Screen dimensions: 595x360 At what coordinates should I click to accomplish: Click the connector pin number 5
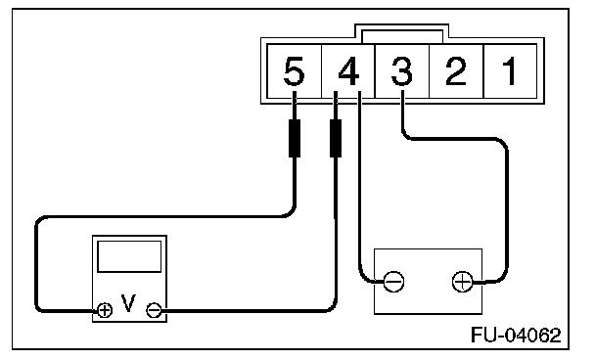tap(295, 71)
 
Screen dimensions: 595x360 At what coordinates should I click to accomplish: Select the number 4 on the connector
tap(348, 71)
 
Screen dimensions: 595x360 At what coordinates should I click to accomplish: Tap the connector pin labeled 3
tap(402, 71)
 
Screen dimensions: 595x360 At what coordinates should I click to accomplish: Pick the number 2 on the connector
tap(456, 71)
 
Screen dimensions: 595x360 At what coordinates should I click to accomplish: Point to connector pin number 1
tap(511, 71)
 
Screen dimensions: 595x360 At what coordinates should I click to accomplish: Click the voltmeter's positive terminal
tap(105, 310)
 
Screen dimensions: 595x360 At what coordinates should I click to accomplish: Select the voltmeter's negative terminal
tap(154, 310)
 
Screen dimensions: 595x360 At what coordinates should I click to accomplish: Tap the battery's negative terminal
tap(393, 282)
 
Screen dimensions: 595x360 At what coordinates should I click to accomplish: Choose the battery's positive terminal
tap(463, 282)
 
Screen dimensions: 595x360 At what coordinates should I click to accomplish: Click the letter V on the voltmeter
tap(128, 303)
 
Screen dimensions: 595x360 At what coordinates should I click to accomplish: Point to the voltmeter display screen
tap(129, 256)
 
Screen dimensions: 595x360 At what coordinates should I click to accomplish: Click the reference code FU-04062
tap(516, 335)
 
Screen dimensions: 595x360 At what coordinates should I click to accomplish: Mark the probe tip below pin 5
tap(295, 138)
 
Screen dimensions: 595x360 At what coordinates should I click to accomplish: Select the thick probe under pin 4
tap(336, 138)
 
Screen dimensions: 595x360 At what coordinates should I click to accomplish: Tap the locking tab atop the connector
tap(402, 34)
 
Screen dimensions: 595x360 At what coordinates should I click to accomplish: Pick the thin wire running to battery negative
tap(359, 190)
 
